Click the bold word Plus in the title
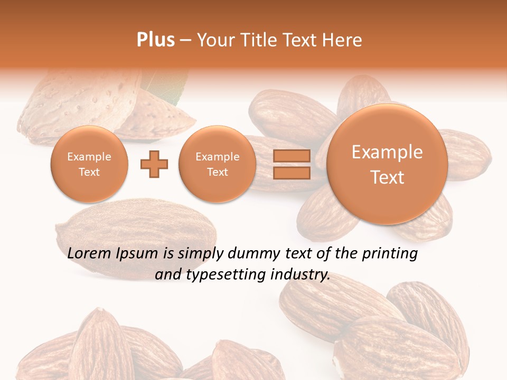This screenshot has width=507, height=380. coord(155,40)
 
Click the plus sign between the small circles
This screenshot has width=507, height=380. coord(154,165)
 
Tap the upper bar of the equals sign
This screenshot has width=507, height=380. coord(291,156)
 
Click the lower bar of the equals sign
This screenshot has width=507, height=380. coord(291,173)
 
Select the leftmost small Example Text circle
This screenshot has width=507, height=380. coord(89,164)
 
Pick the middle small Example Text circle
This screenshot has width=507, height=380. coord(217,164)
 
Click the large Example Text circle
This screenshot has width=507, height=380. coord(387,164)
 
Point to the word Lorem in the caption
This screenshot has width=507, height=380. coord(89,254)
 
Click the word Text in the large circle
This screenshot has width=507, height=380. coord(387,177)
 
